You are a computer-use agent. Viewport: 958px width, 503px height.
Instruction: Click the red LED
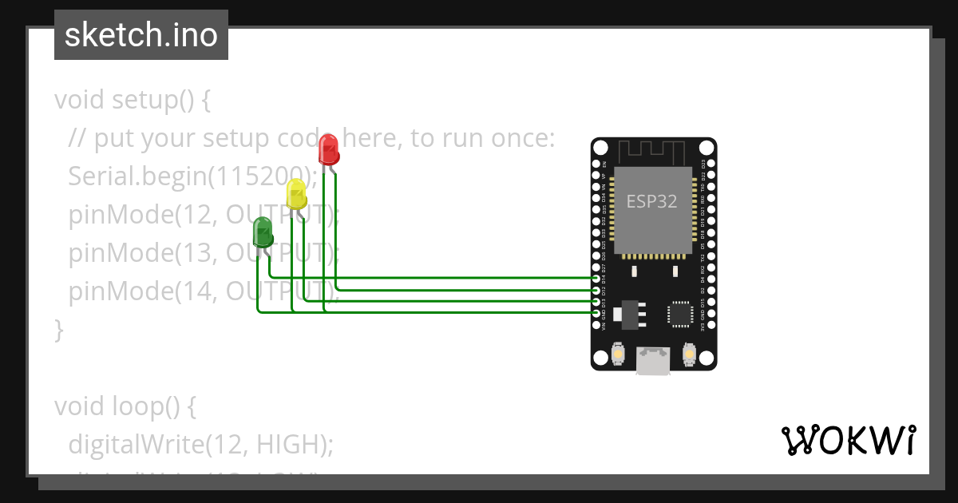pos(328,150)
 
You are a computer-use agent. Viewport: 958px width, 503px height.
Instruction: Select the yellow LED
pos(295,194)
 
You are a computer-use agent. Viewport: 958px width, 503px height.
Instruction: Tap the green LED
pos(263,232)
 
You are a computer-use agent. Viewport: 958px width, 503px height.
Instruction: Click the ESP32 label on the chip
pos(651,201)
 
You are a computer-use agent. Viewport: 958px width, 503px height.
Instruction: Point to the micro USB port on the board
pos(653,361)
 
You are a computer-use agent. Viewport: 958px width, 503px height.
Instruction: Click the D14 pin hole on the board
pos(597,278)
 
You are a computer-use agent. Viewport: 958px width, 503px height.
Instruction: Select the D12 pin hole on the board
pos(597,290)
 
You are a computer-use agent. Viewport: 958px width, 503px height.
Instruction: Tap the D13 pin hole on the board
pos(597,302)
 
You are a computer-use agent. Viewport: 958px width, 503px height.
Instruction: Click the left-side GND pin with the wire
pos(597,314)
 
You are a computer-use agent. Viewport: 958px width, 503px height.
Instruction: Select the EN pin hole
pos(597,164)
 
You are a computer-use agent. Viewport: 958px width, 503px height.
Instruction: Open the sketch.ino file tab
pos(141,35)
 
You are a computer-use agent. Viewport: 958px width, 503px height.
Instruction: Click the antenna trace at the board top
pos(651,149)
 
